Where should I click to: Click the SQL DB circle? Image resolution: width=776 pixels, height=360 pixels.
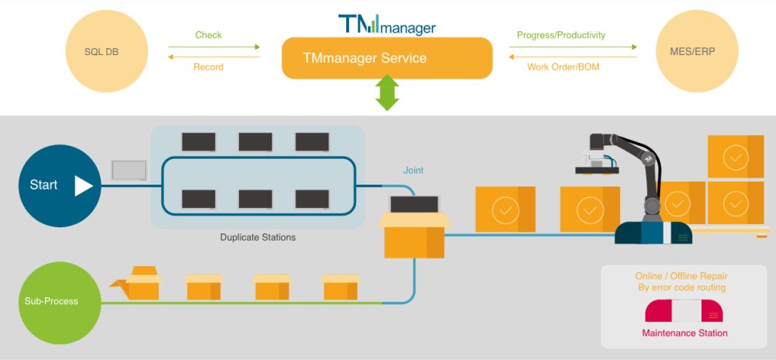pyautogui.click(x=104, y=52)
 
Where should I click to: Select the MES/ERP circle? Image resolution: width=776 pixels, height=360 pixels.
pyautogui.click(x=695, y=52)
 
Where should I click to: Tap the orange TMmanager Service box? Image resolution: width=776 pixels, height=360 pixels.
pyautogui.click(x=386, y=58)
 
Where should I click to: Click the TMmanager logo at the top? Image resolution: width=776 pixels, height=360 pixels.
pyautogui.click(x=386, y=24)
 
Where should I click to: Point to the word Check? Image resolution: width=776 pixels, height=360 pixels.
pyautogui.click(x=208, y=35)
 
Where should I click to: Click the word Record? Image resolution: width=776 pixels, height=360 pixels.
pyautogui.click(x=208, y=67)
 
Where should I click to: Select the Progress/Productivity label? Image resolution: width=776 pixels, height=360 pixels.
pyautogui.click(x=560, y=35)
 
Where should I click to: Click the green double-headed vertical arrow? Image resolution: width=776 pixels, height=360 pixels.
pyautogui.click(x=386, y=92)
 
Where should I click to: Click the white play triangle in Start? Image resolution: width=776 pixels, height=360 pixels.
pyautogui.click(x=83, y=185)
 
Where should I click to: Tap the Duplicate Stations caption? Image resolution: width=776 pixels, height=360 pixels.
pyautogui.click(x=258, y=237)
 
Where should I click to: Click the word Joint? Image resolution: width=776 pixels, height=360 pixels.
pyautogui.click(x=414, y=171)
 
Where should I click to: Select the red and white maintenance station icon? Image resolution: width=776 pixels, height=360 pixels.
pyautogui.click(x=684, y=311)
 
